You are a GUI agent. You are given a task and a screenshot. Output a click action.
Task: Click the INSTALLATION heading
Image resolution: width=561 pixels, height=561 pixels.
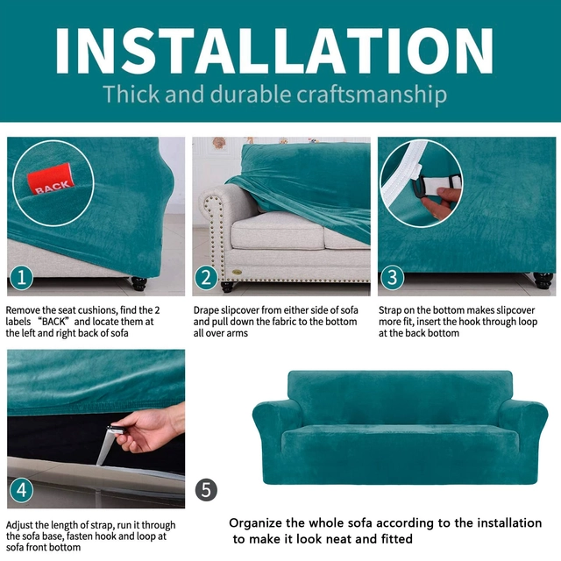point(274,50)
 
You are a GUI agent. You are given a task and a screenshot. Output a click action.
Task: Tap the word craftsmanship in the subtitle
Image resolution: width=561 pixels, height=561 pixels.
point(372,95)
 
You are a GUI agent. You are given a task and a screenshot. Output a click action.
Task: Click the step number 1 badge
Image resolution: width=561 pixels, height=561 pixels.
point(21,278)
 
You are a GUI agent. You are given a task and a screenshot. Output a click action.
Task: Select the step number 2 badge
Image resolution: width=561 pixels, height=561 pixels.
point(206,278)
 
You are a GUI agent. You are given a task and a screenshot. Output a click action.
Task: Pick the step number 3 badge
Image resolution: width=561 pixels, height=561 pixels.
point(392,278)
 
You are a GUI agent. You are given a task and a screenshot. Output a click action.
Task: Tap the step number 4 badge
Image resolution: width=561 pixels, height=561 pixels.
point(21,490)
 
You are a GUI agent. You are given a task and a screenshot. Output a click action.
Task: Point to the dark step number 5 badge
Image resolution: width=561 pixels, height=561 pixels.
point(206,490)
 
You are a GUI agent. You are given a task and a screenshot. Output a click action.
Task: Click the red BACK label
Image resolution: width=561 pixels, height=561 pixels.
point(51,179)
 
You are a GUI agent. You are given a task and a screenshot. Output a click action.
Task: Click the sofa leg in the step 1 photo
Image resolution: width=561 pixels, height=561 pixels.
point(138,285)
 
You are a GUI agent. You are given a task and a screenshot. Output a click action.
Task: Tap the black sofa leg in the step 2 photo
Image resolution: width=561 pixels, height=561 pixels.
point(228,287)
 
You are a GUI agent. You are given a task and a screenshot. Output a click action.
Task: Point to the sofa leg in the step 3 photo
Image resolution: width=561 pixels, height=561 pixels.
point(543,280)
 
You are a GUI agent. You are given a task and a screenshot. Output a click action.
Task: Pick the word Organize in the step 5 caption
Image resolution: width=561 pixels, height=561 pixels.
point(255,523)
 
